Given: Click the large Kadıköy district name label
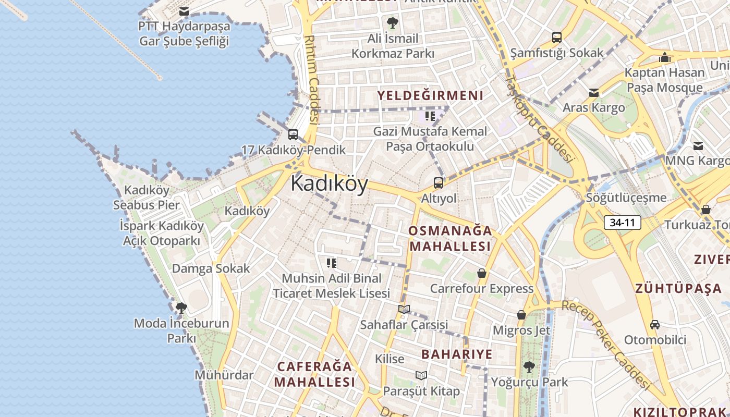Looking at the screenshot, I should (329, 183).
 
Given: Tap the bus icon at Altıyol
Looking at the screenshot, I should (439, 183).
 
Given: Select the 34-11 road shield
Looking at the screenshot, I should (623, 223).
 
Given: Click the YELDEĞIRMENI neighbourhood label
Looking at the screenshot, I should (430, 95).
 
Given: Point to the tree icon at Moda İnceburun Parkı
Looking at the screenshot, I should (181, 308).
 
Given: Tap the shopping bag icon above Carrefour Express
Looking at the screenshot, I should (482, 273).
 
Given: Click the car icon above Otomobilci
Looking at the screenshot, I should (655, 325).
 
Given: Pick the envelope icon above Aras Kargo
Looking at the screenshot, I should (593, 93).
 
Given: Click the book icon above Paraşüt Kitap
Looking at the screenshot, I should (421, 375).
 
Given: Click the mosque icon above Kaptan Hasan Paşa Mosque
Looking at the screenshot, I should (665, 57).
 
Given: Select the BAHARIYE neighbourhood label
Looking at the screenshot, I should (457, 354).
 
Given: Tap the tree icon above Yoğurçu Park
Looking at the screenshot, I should (529, 366).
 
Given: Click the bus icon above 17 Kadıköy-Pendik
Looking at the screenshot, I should (293, 134).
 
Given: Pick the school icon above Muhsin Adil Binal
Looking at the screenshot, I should (332, 263).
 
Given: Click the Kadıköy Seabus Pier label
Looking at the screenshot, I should (147, 198).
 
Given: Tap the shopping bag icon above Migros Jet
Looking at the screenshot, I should (521, 315).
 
